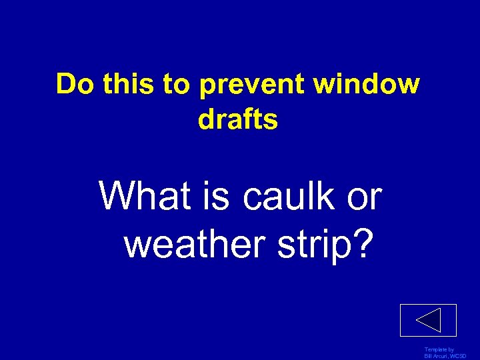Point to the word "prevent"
(251, 85)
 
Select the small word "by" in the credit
(451, 350)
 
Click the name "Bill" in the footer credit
(429, 357)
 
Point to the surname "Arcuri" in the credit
(442, 357)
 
